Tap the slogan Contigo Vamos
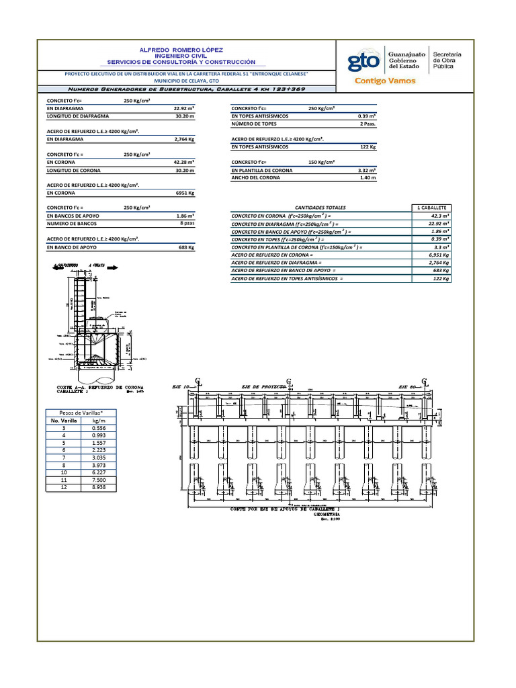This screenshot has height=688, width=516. [384, 81]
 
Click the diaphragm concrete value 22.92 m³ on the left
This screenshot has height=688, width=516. [183, 107]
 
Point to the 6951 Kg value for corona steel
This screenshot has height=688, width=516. [184, 193]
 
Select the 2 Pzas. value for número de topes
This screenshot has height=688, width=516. [368, 124]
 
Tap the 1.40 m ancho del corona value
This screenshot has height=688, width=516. [368, 177]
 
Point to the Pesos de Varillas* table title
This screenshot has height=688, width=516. [73, 413]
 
